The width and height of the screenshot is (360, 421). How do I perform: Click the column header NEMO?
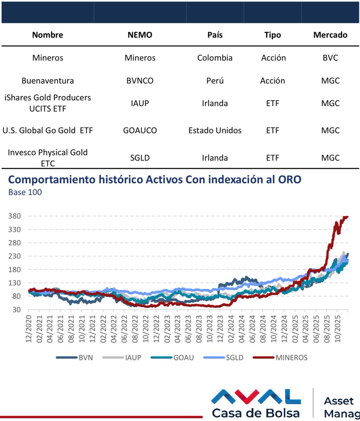click(x=140, y=35)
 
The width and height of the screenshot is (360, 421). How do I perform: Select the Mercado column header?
click(x=330, y=35)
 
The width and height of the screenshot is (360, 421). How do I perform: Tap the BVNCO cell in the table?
click(x=140, y=81)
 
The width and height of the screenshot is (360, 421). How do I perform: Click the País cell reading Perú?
click(x=215, y=81)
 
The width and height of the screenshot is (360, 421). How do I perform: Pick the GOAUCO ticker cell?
click(x=140, y=131)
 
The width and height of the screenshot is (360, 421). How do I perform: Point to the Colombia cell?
click(x=215, y=58)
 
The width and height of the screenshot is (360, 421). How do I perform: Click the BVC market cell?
click(x=330, y=58)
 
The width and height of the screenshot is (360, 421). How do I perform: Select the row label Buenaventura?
click(x=48, y=81)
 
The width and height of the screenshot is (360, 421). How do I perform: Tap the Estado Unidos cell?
click(x=215, y=131)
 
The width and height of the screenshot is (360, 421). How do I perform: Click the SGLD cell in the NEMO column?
click(x=140, y=158)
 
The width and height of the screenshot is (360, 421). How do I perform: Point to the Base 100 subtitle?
click(x=25, y=193)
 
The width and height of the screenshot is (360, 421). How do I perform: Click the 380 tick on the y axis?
click(x=15, y=216)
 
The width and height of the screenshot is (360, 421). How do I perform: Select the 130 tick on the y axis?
click(x=15, y=283)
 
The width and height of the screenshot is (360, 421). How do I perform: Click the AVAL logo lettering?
click(x=256, y=397)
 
